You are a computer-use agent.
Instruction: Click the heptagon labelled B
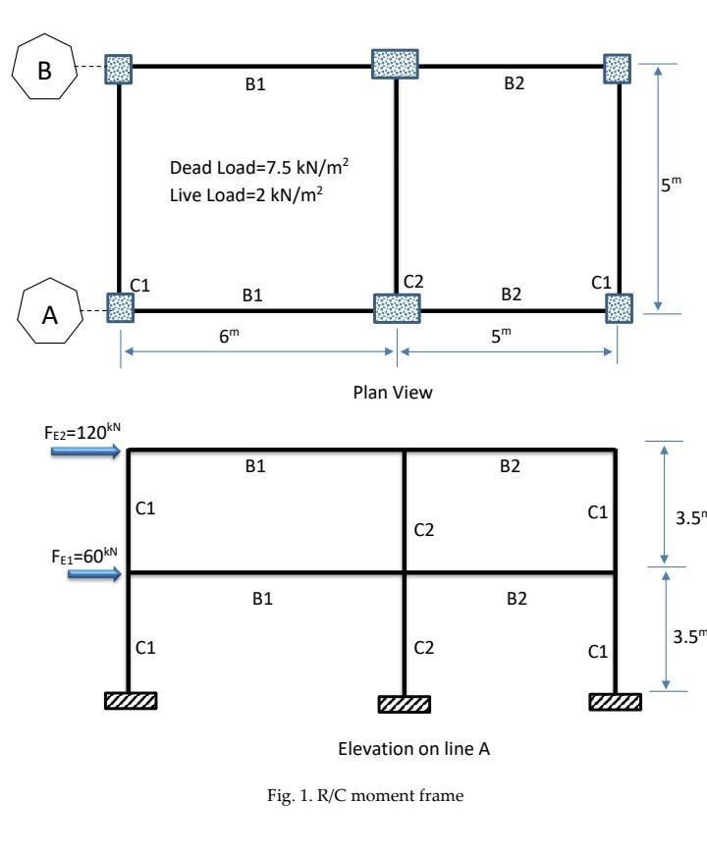(x=46, y=69)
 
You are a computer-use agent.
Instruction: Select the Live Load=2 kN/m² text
(x=246, y=196)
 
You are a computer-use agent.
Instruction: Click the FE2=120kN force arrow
(x=86, y=453)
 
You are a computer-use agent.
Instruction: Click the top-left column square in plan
(x=119, y=68)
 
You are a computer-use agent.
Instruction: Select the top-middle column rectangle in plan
(x=396, y=63)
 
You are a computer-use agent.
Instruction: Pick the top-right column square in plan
(x=618, y=68)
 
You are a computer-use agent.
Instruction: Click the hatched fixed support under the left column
(x=130, y=700)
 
